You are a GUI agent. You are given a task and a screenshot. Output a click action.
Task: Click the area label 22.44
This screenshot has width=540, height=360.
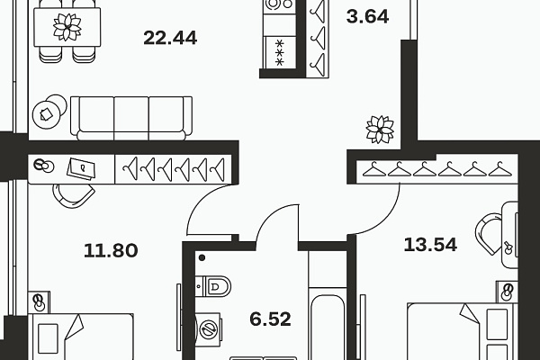pos(170,38)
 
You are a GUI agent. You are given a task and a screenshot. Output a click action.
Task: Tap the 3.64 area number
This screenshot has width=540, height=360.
pos(367,16)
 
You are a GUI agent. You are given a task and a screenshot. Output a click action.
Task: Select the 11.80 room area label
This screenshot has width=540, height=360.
pos(111,250)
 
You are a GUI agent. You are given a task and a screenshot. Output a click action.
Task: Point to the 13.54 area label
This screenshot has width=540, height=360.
pos(430,245)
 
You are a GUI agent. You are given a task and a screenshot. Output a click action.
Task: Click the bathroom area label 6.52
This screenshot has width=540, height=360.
pos(270,319)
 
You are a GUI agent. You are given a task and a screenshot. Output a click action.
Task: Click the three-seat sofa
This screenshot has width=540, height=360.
pos(131,118)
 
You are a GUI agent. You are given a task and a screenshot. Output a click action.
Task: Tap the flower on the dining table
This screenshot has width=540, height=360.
pos(67,27)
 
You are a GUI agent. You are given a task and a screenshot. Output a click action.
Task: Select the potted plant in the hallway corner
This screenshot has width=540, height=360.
pos(380,130)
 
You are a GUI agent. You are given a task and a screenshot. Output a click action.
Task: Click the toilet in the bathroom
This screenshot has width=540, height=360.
pos(212,286)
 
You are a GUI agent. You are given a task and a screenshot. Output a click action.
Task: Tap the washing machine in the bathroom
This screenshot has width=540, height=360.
pos(208,329)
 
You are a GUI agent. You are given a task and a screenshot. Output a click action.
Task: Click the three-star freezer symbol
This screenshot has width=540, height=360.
pos(279,53)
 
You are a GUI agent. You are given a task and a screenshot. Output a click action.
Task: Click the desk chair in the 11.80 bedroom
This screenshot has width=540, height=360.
pos(74,195)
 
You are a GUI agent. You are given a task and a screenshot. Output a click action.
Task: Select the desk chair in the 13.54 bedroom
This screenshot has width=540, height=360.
pos(489,233)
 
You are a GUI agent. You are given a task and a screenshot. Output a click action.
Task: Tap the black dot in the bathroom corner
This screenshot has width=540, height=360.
pos(202,257)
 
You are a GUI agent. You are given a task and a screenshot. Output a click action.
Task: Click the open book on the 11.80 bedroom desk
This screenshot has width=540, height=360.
pos(81,169)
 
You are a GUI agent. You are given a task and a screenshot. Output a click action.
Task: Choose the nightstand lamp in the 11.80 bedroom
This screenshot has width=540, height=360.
pos(39,302)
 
